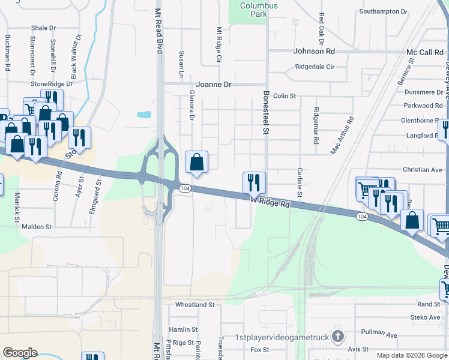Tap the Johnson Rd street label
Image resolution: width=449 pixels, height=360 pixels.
[x=313, y=52]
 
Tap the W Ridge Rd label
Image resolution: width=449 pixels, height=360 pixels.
[x=270, y=203]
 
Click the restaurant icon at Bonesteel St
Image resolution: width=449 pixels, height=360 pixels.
[x=254, y=181]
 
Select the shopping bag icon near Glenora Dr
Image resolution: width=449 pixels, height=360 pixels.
[x=196, y=161]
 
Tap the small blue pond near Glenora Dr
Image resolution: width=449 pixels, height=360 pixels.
[x=144, y=114]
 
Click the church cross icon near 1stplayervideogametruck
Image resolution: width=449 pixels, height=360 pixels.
[x=338, y=336]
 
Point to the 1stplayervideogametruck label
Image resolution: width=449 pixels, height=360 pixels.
[x=282, y=337]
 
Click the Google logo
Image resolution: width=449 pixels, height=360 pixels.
[x=19, y=353]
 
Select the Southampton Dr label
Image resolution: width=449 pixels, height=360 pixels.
[x=383, y=11]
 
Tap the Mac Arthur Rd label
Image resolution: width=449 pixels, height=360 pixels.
[x=342, y=136]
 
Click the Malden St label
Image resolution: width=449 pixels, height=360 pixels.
[x=37, y=227]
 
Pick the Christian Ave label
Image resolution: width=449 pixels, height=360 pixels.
[x=423, y=170]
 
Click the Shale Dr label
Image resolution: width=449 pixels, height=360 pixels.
[x=43, y=28]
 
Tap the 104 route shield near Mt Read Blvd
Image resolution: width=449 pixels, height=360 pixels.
[x=185, y=188]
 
